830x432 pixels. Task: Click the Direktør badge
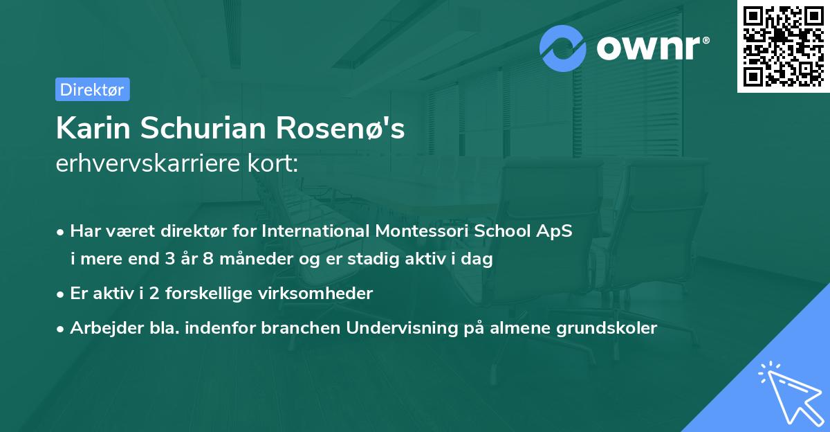pos(92,90)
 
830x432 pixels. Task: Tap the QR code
pos(783,46)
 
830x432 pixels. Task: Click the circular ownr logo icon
pos(563,48)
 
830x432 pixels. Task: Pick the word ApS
pos(555,231)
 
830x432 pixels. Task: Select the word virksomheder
pos(324,294)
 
